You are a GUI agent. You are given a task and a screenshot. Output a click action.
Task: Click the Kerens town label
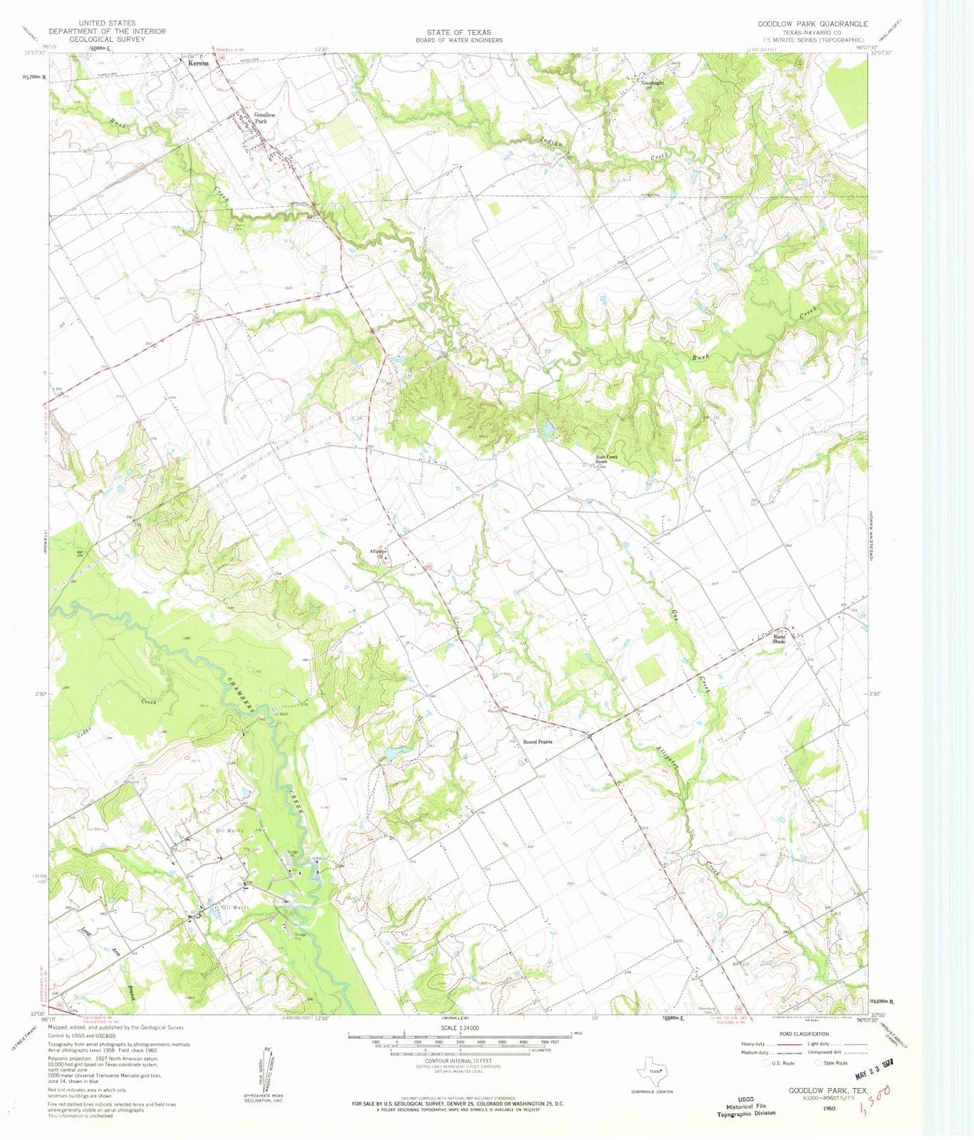pos(199,63)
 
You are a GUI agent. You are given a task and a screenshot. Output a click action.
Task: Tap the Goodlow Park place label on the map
pos(264,118)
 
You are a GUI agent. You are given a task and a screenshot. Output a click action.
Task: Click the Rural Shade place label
pos(779,639)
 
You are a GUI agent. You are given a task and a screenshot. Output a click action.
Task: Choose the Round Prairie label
pos(538,742)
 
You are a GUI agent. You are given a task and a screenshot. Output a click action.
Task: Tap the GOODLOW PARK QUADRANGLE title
pos(812,24)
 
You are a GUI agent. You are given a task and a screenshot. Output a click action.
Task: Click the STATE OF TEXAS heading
pos(459,33)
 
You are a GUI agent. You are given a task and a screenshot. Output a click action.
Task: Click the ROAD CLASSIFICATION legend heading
pos(804,1034)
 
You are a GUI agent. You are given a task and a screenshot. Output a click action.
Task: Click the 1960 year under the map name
pos(829,1108)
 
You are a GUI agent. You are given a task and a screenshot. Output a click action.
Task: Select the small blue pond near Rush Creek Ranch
pos(547,430)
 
